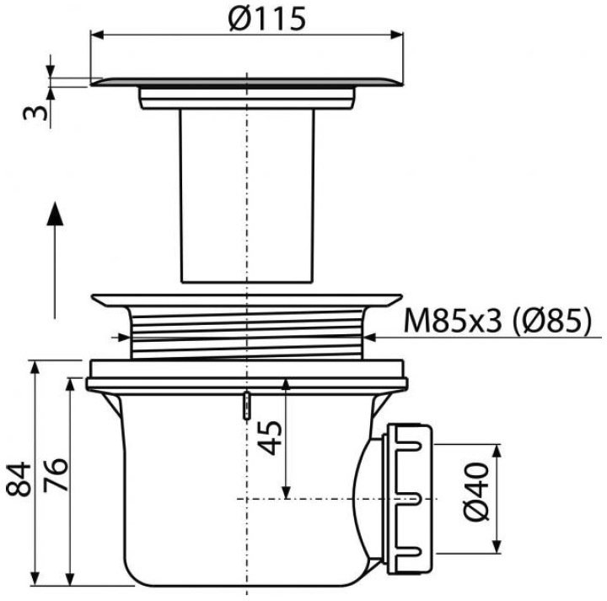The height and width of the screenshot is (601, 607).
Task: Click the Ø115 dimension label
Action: click(x=266, y=19)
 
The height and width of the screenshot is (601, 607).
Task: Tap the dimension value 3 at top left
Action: click(x=35, y=113)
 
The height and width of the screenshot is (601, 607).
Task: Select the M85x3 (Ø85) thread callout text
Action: click(x=498, y=322)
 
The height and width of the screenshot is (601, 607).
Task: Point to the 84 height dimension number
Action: click(x=19, y=479)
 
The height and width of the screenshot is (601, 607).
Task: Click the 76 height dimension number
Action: click(x=55, y=475)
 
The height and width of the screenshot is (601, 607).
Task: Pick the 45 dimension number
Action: click(x=270, y=437)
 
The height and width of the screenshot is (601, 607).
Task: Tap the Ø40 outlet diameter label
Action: click(x=475, y=491)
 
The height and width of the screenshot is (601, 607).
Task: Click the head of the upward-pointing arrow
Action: click(x=55, y=214)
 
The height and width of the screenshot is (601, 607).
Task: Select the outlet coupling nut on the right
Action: click(x=408, y=499)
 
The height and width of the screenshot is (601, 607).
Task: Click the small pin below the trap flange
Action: click(x=246, y=406)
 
